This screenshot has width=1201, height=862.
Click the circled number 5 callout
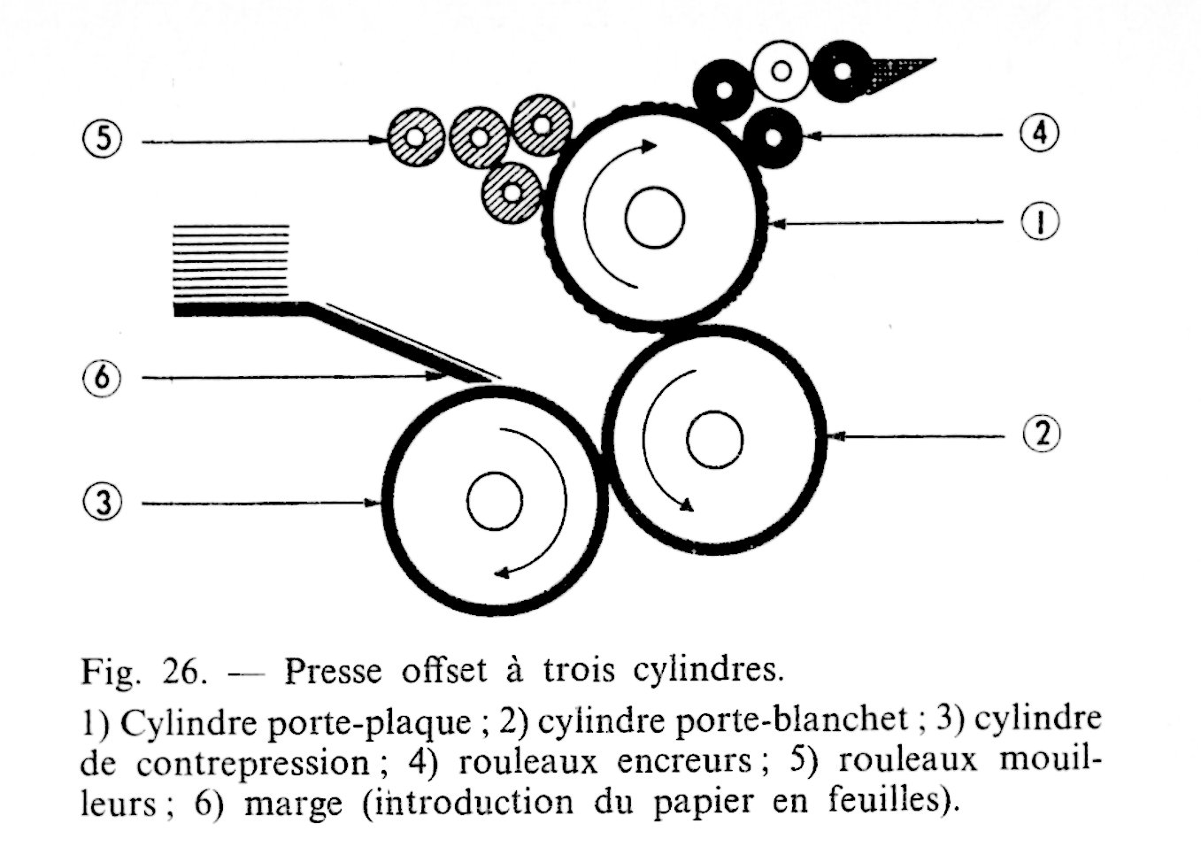coord(104,140)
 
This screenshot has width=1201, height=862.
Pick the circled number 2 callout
coord(1041,434)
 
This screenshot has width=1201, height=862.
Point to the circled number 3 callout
coord(104,504)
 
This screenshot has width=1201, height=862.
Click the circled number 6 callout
coord(104,378)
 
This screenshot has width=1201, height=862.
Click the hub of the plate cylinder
coord(654,219)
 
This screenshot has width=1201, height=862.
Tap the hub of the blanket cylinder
coord(714,440)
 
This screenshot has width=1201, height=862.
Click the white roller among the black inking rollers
coord(781,70)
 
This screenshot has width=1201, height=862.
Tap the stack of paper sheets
coord(231,262)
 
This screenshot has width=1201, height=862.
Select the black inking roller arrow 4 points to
coord(774,139)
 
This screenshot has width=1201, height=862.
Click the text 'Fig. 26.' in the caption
coord(144,671)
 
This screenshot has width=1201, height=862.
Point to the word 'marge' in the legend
coord(292,804)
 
